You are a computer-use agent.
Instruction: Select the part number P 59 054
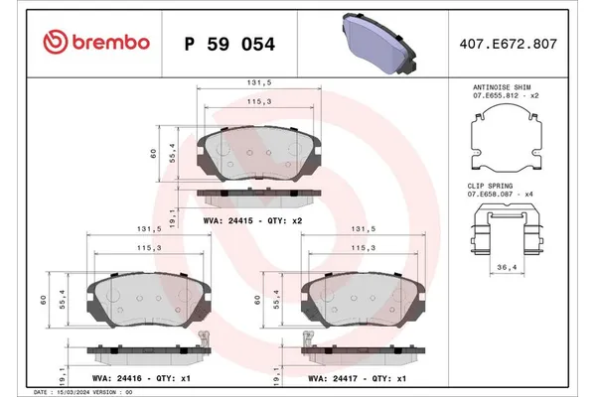point(230,45)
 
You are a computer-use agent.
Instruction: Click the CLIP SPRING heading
point(493,186)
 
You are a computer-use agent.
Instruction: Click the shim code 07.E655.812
point(494,97)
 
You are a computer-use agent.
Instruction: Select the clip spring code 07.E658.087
point(494,195)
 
